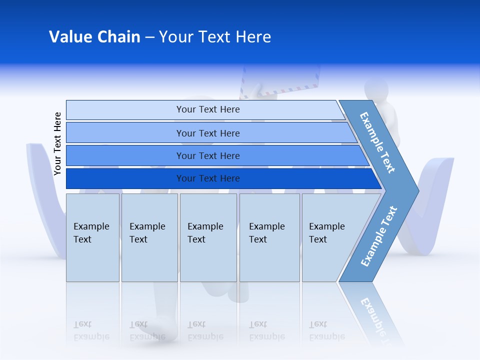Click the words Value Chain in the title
(94, 37)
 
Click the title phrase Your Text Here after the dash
(215, 37)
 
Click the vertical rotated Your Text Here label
(57, 143)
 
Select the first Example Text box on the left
(92, 238)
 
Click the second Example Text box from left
(149, 238)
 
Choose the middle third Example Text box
(208, 238)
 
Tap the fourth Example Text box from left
(269, 238)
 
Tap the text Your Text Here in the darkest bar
(208, 178)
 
